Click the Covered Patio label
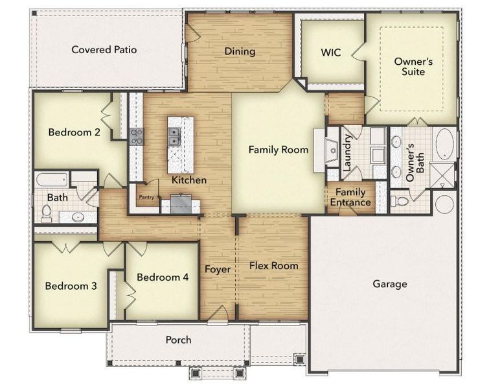(104, 49)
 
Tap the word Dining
(240, 51)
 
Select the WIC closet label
(331, 52)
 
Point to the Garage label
(390, 284)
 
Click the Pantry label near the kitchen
(147, 198)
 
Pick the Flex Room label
(274, 265)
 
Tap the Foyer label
(218, 269)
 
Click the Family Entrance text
(350, 197)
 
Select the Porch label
(178, 339)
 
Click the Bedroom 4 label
(163, 277)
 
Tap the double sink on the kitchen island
(174, 136)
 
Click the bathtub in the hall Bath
(51, 179)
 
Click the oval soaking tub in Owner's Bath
(445, 144)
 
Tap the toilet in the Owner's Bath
(400, 201)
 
